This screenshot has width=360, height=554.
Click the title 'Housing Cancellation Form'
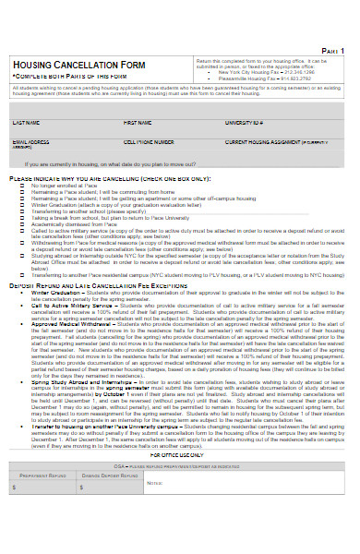[78, 64]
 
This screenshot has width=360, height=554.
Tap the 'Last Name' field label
[25, 122]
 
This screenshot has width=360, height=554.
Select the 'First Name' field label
[137, 122]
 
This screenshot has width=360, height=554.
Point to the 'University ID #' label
[245, 122]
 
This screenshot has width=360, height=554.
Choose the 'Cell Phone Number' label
[148, 142]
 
